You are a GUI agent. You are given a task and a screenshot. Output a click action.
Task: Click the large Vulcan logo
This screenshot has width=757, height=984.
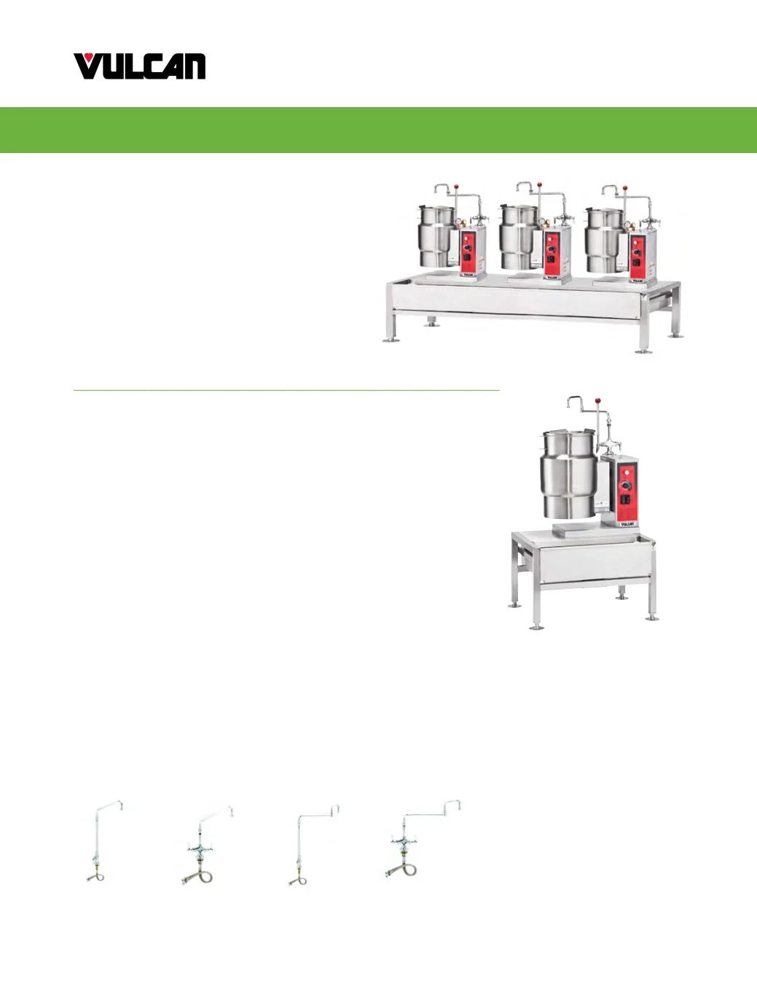point(139,66)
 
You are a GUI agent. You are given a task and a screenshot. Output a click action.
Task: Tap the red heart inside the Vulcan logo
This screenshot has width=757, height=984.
point(90,57)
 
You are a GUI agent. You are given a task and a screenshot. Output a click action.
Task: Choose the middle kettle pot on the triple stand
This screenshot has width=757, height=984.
point(519,236)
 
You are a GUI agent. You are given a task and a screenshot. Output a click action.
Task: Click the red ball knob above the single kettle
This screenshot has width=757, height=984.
point(597,400)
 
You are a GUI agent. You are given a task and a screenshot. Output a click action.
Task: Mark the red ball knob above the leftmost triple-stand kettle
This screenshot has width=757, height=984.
point(457,186)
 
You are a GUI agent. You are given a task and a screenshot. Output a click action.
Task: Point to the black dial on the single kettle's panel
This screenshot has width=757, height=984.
point(626,485)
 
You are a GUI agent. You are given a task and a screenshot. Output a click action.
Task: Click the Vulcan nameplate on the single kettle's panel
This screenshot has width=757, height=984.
point(627,524)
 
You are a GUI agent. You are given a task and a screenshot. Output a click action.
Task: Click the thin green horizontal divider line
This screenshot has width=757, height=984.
point(286,389)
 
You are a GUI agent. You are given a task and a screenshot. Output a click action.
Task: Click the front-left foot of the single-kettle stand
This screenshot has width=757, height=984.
point(536,627)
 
